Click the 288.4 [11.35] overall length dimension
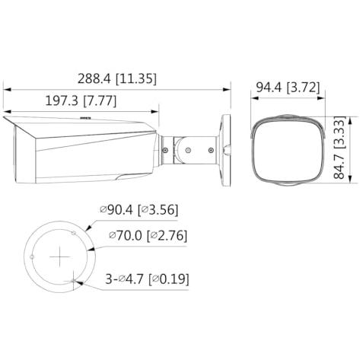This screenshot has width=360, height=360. (x=117, y=78)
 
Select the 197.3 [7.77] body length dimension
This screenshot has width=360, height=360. (x=81, y=100)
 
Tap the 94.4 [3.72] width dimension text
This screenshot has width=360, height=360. (x=288, y=88)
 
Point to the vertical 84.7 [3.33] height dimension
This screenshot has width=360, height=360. (x=339, y=148)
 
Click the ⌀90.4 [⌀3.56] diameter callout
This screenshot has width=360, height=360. (x=139, y=209)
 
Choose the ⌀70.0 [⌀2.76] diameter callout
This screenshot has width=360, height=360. (x=148, y=236)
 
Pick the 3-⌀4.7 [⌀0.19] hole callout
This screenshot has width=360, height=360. (x=147, y=279)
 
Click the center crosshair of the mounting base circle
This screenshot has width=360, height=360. (x=60, y=256)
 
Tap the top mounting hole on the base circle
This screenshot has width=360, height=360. (x=74, y=233)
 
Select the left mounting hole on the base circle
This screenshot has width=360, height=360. (x=32, y=257)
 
